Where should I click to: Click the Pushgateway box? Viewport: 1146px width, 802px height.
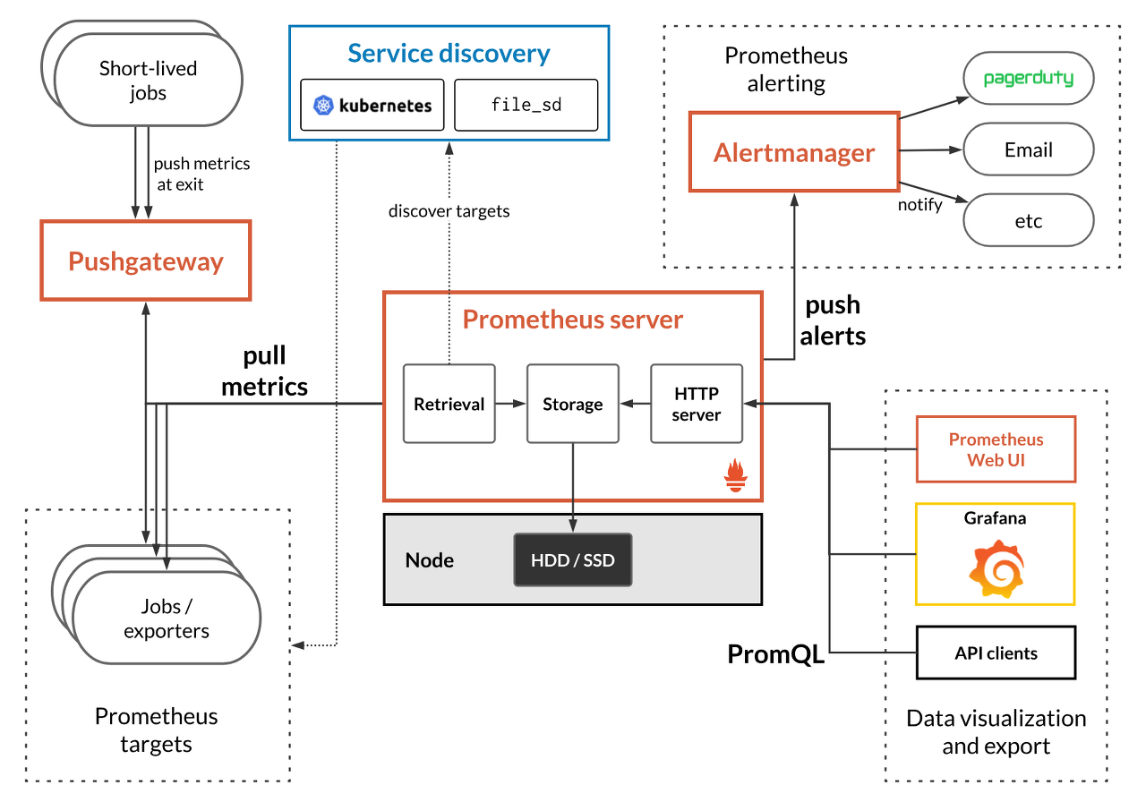145,261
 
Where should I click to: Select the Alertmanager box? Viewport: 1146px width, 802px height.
793,152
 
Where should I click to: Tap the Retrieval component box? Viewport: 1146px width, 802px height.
449,404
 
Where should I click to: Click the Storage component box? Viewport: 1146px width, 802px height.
572,404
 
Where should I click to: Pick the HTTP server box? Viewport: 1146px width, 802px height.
696,404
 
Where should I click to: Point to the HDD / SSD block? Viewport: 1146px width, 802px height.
572,560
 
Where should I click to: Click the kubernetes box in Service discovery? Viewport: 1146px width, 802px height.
372,105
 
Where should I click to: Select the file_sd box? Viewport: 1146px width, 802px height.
526,105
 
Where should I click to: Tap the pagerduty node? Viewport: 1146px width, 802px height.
1028,79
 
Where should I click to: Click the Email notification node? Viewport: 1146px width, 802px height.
1028,149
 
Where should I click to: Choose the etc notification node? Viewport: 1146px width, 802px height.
1028,220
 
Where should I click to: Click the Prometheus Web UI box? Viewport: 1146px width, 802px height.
996,449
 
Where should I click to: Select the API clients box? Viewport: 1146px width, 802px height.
996,653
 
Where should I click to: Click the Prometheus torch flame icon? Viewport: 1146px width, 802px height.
735,476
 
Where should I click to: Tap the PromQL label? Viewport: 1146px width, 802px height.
775,655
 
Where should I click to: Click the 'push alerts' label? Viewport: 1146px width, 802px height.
833,320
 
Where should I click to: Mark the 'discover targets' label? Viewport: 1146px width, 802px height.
449,211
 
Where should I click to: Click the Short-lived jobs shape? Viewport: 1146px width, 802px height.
149,81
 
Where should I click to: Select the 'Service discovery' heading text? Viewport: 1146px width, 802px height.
449,54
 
